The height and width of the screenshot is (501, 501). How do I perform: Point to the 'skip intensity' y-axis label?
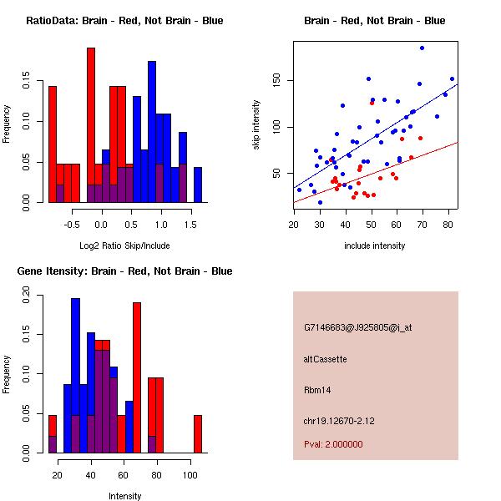[257, 125]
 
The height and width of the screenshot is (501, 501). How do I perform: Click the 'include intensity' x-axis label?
[375, 245]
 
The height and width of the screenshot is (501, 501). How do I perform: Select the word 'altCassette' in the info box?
[325, 359]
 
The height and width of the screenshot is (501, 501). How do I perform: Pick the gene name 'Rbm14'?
[317, 390]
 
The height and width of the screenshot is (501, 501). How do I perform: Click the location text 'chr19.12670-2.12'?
[339, 421]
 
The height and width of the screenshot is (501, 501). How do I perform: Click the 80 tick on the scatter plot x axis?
[448, 225]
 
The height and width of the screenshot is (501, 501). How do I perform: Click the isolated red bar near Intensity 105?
[198, 433]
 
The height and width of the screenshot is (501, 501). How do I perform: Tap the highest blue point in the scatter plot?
[422, 48]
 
